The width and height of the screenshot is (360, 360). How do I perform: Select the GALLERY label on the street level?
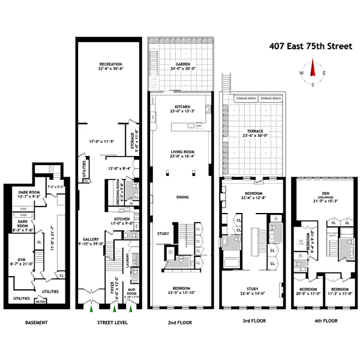click(89, 238)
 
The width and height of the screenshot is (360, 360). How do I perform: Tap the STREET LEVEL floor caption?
click(111, 322)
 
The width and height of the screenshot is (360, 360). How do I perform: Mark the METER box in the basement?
click(41, 302)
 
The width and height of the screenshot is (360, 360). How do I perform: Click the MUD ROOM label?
click(133, 293)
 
